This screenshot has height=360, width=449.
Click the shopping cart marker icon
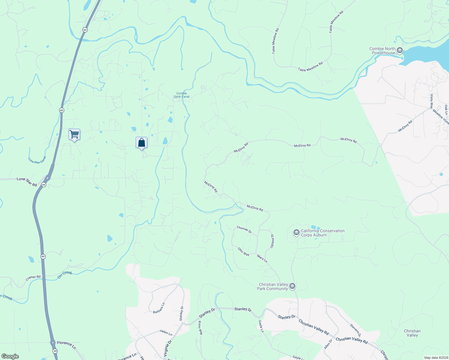74,134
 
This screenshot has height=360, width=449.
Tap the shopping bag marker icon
141,142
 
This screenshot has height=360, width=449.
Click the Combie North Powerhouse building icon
399,50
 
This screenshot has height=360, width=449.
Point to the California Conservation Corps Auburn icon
296,232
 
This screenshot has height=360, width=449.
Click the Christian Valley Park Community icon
292,286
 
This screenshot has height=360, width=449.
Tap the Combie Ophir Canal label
182,95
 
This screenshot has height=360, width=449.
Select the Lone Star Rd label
27,181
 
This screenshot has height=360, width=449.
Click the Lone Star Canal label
37,160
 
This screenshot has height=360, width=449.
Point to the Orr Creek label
65,274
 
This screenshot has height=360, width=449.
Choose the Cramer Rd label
33,278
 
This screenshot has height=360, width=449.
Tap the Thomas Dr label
244,230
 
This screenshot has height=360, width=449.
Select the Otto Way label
243,252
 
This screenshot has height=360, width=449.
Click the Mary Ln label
262,258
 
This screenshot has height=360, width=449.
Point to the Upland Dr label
273,241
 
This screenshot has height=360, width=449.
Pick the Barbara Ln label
159,308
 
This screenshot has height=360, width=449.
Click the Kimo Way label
200,328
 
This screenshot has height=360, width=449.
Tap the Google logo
10,356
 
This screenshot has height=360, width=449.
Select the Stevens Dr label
355,330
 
